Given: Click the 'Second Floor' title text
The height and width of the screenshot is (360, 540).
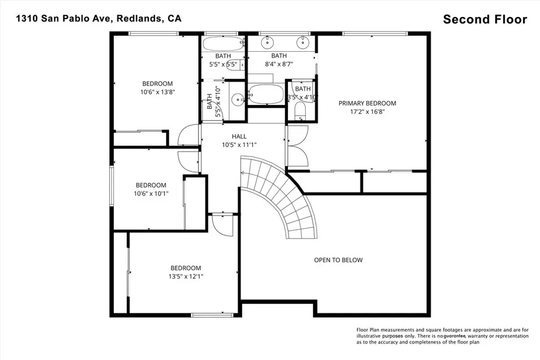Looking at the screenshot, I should [485, 20].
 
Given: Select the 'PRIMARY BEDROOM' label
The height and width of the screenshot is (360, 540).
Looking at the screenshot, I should [367, 103].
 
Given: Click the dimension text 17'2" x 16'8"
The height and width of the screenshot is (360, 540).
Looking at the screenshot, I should [367, 112].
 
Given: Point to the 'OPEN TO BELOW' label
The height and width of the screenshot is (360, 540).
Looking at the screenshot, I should [338, 260].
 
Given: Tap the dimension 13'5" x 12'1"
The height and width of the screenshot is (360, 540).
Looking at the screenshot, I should [185, 276].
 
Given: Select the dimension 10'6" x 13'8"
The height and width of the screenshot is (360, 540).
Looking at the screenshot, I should [157, 92].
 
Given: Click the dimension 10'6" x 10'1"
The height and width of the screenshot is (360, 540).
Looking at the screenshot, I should [151, 193].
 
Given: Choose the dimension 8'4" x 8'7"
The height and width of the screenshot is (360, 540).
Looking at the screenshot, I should [278, 64].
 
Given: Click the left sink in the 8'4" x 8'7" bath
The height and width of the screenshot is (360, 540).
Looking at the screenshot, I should [267, 42].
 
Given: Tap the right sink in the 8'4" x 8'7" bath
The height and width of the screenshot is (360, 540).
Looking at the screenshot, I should [303, 42].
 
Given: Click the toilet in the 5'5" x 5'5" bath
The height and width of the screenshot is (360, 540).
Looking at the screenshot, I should [240, 65].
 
